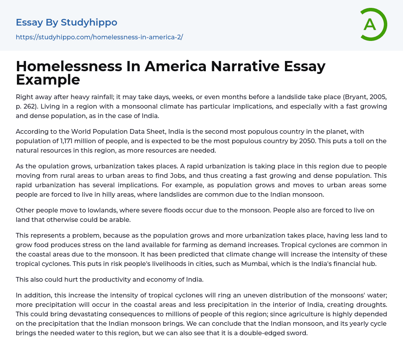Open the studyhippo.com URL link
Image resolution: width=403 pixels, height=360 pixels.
tap(99, 37)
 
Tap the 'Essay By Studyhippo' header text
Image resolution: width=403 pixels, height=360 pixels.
tap(67, 22)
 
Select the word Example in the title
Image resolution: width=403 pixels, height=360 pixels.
tap(48, 79)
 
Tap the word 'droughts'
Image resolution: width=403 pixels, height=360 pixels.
tap(373, 305)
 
